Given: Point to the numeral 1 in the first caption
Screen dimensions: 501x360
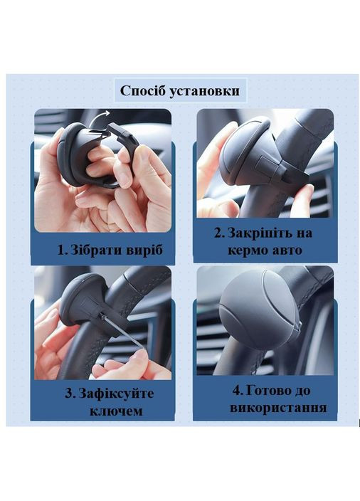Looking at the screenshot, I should [62, 250].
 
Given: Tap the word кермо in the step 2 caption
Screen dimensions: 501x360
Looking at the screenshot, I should [248, 250].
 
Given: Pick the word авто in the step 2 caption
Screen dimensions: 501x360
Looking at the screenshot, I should [287, 250].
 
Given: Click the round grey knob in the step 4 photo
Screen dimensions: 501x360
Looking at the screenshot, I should [257, 310].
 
